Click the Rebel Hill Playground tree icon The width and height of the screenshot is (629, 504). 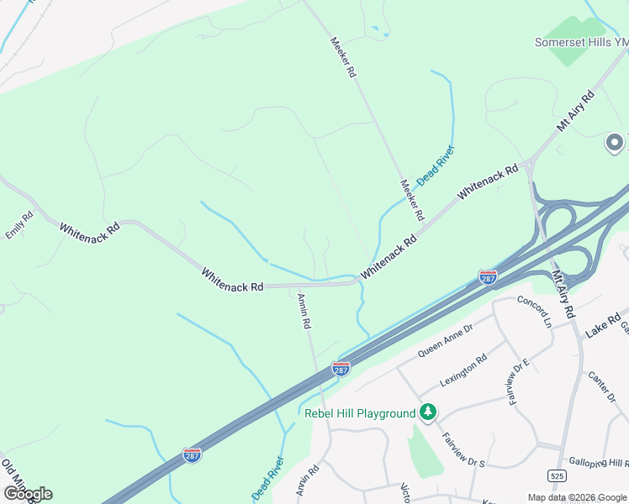[x=429, y=412]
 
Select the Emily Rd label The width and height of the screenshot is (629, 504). [x=19, y=225]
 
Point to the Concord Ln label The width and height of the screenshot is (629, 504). [x=534, y=312]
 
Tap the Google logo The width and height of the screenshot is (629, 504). [x=28, y=493]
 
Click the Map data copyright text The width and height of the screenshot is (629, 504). [x=576, y=497]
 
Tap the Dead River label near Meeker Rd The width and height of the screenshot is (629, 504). [x=436, y=164]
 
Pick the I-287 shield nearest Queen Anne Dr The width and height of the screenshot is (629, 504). [x=341, y=369]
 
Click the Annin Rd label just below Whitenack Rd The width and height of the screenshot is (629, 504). [x=304, y=311]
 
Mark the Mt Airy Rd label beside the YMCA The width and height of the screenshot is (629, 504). [x=575, y=110]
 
